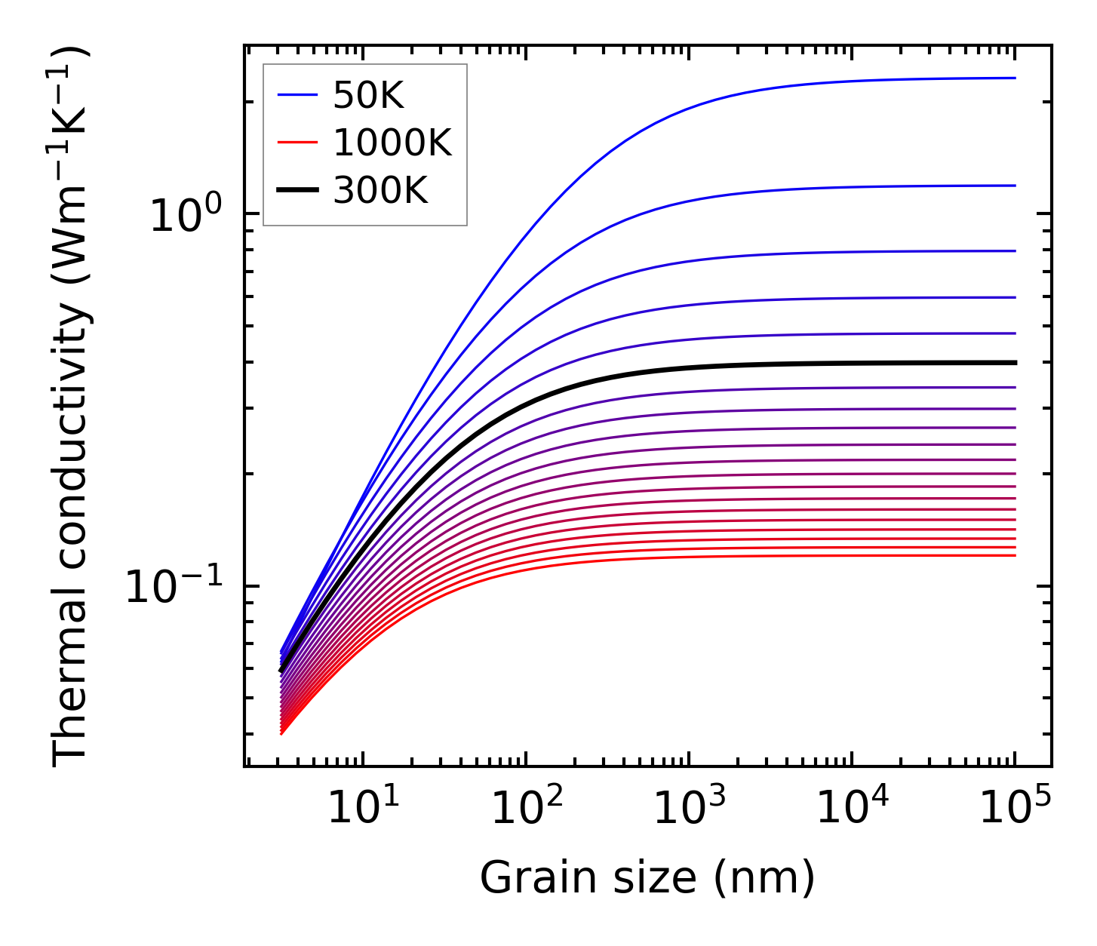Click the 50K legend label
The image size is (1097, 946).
(x=368, y=96)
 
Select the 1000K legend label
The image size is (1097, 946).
(x=392, y=143)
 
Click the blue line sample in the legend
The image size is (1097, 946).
(x=297, y=95)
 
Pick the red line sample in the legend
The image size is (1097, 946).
(x=297, y=143)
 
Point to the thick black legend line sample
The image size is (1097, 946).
(x=297, y=190)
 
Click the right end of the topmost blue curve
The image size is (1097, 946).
(x=1015, y=78)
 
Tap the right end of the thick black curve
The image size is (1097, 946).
(x=1015, y=363)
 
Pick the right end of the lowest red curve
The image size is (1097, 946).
(x=1015, y=556)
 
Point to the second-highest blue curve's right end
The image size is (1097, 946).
(x=1015, y=186)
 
